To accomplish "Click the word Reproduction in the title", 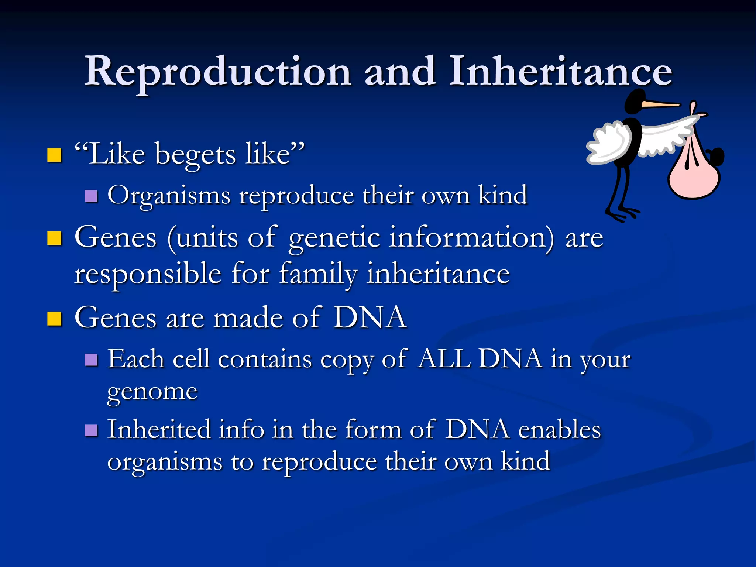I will pos(218,72).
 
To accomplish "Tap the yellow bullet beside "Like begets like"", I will pos(54,155).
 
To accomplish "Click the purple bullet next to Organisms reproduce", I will pos(91,196).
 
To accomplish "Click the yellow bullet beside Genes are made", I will pos(54,319).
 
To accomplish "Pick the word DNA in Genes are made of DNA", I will pos(370,317).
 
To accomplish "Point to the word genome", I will pos(152,392).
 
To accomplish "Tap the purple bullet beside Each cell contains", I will pos(91,360).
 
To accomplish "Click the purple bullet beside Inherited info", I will pos(91,430).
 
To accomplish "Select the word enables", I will pos(560,430).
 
